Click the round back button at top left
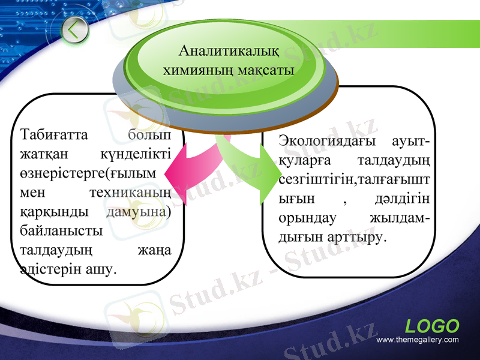pyautogui.click(x=74, y=30)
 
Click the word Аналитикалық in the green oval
pyautogui.click(x=229, y=51)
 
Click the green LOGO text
pyautogui.click(x=432, y=326)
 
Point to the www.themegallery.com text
pyautogui.click(x=418, y=340)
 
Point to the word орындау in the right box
pyautogui.click(x=307, y=218)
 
